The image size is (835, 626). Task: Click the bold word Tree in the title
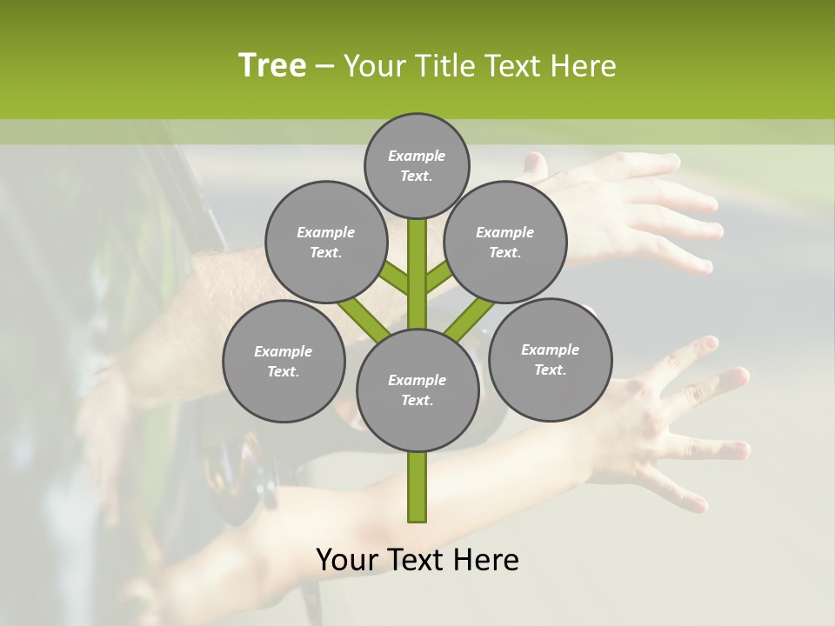[272, 65]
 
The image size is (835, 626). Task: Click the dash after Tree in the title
[324, 66]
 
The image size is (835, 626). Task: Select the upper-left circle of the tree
[325, 242]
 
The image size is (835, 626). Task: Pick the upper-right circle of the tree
[505, 242]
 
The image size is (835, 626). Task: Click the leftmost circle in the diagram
[284, 361]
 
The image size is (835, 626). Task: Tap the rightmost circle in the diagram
[551, 359]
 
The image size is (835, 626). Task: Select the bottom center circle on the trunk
[417, 390]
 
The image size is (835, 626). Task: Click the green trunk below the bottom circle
[417, 487]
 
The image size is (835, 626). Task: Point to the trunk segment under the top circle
[417, 261]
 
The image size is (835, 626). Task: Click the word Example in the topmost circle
[417, 156]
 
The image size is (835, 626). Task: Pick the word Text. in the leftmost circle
[283, 371]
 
